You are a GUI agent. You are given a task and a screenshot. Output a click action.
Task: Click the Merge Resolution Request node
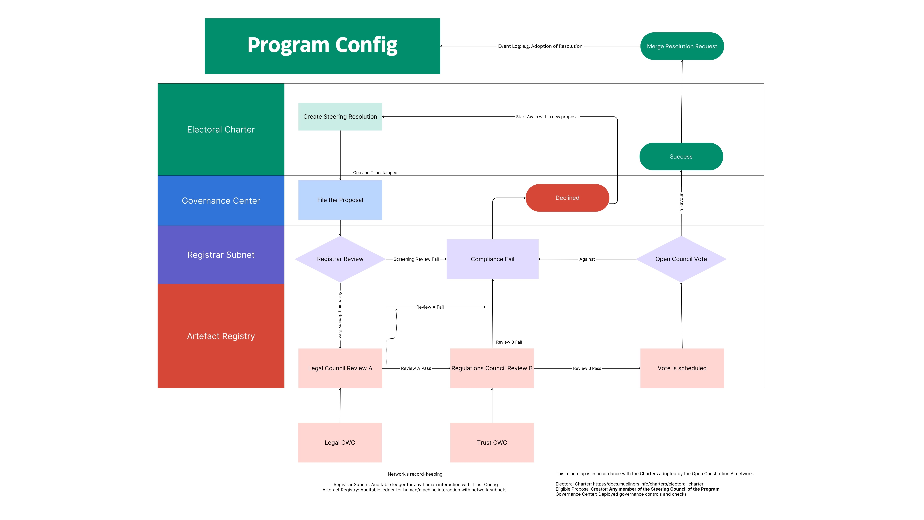tap(682, 46)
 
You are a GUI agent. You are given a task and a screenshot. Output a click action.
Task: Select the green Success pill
tap(681, 157)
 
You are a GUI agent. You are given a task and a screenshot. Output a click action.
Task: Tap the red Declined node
tap(567, 198)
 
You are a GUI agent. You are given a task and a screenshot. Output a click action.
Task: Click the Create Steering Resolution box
tap(340, 117)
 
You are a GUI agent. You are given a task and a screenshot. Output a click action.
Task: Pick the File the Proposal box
tap(340, 200)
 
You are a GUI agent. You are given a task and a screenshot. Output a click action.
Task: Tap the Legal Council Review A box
tap(340, 368)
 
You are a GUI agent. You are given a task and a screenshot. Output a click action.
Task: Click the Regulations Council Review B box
tap(492, 368)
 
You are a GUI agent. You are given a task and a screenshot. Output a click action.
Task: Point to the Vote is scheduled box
tap(682, 368)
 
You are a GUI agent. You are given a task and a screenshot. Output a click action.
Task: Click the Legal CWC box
tap(340, 443)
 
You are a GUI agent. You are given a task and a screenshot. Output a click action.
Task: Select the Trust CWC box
tap(492, 443)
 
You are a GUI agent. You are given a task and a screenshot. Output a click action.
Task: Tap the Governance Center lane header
tap(221, 201)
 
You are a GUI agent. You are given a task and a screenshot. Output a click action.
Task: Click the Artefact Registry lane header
tap(221, 336)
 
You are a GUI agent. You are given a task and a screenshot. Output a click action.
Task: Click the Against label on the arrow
tap(587, 259)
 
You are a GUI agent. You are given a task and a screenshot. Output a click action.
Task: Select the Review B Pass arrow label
tap(587, 368)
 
